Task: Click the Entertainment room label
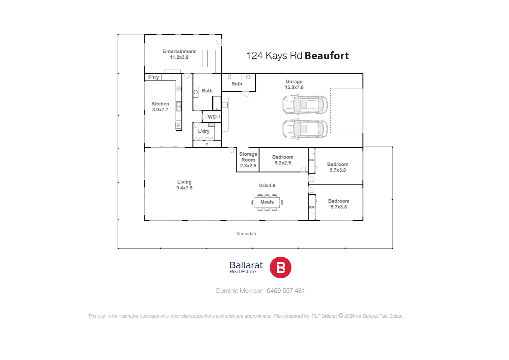click(x=179, y=54)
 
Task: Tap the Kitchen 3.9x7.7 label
click(x=160, y=107)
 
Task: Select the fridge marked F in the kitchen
click(x=178, y=125)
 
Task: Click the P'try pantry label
click(x=153, y=77)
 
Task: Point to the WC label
click(x=212, y=117)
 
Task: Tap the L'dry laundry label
click(x=204, y=131)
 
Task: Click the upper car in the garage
click(x=305, y=105)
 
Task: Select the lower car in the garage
click(x=305, y=129)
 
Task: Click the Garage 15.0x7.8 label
click(x=294, y=84)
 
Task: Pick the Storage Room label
click(x=248, y=160)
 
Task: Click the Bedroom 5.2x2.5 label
click(x=283, y=160)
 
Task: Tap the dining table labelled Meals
click(x=267, y=202)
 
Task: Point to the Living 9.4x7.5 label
click(x=184, y=185)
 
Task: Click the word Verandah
click(x=246, y=234)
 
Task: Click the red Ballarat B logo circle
click(x=280, y=267)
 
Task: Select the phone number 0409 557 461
click(x=286, y=291)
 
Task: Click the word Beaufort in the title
click(x=326, y=56)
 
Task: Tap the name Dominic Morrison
click(x=240, y=291)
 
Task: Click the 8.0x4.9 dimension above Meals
click(x=267, y=185)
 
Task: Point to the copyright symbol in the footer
click(x=340, y=316)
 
